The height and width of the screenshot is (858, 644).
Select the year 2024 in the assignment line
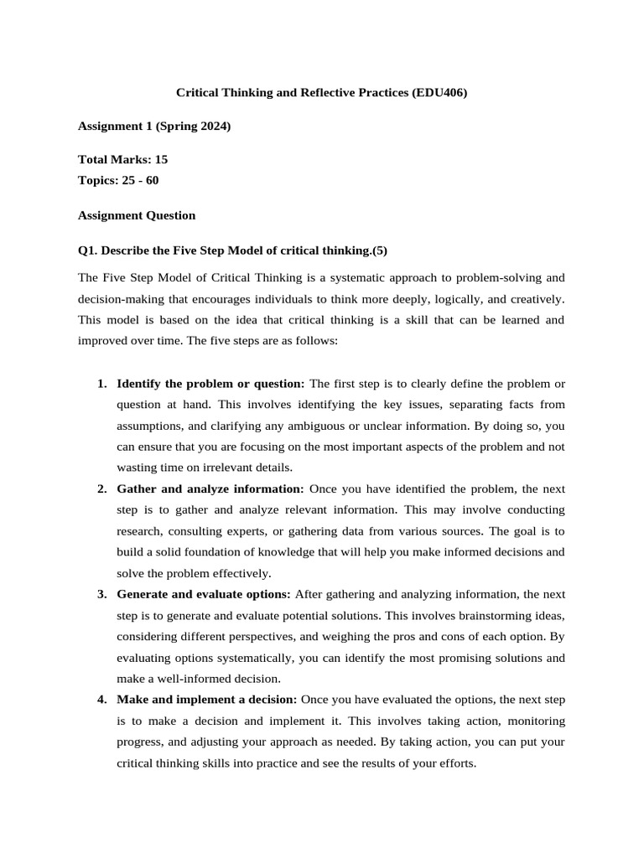(x=210, y=127)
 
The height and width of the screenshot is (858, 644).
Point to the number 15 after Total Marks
(x=162, y=159)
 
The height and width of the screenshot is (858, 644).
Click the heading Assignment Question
(x=137, y=215)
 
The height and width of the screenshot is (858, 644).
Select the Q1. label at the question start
(x=88, y=250)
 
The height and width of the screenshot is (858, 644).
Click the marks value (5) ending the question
(x=379, y=250)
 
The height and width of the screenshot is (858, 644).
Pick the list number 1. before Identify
(x=101, y=384)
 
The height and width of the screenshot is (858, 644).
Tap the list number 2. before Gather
(x=101, y=488)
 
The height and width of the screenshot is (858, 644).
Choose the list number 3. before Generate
(x=101, y=594)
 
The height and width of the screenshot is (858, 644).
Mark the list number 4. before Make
(x=101, y=699)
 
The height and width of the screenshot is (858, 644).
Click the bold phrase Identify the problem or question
(x=210, y=384)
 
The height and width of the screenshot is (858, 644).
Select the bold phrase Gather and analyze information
(x=210, y=488)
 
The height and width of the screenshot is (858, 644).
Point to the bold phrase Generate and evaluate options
(x=204, y=594)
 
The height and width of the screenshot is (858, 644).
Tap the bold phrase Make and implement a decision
(x=207, y=699)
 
